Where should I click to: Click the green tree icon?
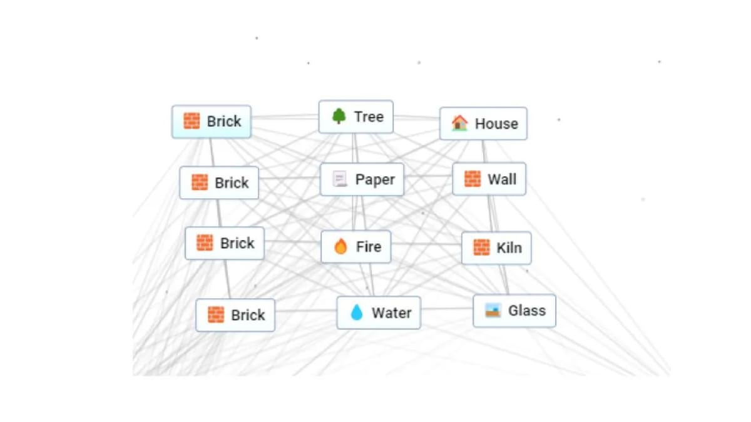pyautogui.click(x=339, y=116)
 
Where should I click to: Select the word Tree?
pyautogui.click(x=369, y=116)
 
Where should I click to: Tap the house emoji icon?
pyautogui.click(x=460, y=123)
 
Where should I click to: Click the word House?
pyautogui.click(x=496, y=124)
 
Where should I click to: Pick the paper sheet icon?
pyautogui.click(x=340, y=179)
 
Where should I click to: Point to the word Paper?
pyautogui.click(x=375, y=179)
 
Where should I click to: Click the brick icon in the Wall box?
pyautogui.click(x=473, y=179)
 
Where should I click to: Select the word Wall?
pyautogui.click(x=502, y=179)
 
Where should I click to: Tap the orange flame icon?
pyautogui.click(x=340, y=247)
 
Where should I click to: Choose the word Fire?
pyautogui.click(x=369, y=247)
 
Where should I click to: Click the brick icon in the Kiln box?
pyautogui.click(x=481, y=248)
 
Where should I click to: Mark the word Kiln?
pyautogui.click(x=509, y=248)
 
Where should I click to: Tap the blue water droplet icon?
pyautogui.click(x=357, y=313)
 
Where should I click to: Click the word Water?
pyautogui.click(x=391, y=313)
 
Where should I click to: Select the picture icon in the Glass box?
pyautogui.click(x=493, y=310)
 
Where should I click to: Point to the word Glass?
pyautogui.click(x=527, y=310)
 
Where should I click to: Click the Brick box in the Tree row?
pyautogui.click(x=212, y=121)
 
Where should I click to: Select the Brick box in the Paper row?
pyautogui.click(x=219, y=183)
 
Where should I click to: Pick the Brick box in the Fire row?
pyautogui.click(x=225, y=243)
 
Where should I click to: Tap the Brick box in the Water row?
pyautogui.click(x=235, y=315)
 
